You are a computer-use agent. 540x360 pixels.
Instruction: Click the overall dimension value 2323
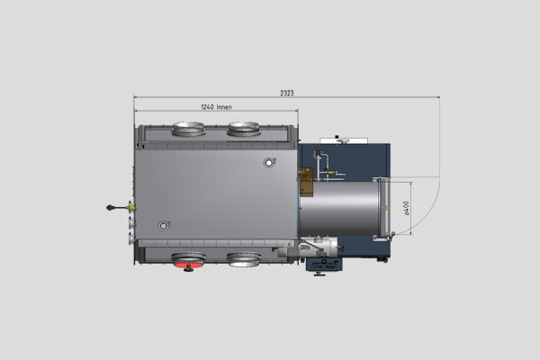(x=287, y=93)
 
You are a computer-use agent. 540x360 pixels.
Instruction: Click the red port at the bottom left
(x=188, y=261)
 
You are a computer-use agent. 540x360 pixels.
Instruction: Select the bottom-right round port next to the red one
(x=243, y=260)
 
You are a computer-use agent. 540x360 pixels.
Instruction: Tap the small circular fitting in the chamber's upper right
(x=268, y=163)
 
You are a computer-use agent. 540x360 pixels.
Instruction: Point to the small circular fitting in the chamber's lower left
(x=163, y=225)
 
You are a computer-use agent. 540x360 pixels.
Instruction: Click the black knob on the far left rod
(x=111, y=207)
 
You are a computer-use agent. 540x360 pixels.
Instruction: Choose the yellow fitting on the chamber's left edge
(x=132, y=207)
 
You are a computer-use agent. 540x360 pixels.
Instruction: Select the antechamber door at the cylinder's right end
(x=385, y=207)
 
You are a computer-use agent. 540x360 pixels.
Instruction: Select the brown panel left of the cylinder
(x=305, y=180)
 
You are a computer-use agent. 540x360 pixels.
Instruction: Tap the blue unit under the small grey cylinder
(x=322, y=265)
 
